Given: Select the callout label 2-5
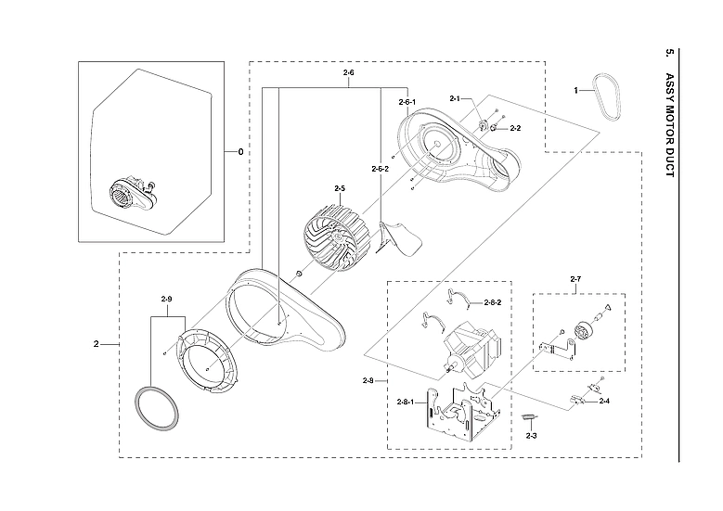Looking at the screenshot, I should (339, 188).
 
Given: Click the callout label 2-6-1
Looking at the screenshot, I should (407, 101).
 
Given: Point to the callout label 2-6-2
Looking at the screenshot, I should (380, 169).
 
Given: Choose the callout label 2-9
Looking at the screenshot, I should (167, 299).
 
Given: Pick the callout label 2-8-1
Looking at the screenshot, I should (405, 401).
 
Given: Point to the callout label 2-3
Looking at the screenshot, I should (531, 435).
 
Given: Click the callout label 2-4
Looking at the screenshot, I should (604, 401).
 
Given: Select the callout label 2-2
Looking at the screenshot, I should (515, 128).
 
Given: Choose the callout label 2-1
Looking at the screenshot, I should (455, 98).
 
